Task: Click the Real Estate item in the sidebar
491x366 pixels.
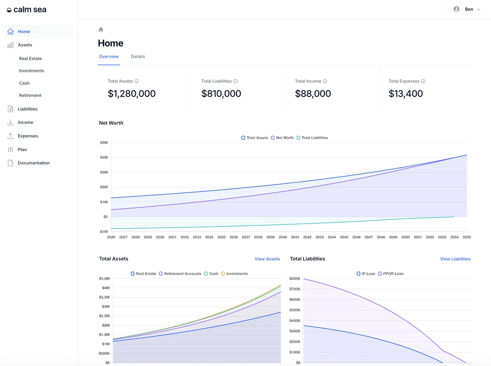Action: coord(30,58)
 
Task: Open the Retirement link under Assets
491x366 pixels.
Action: coord(30,95)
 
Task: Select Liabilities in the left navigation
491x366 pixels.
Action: coord(27,109)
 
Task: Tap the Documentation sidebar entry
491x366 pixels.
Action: coord(34,163)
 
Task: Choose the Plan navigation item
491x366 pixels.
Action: coord(22,150)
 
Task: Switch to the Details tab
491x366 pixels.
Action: coord(138,56)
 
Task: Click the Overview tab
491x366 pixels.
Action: coord(109,56)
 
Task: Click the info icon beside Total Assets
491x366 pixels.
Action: coord(137,81)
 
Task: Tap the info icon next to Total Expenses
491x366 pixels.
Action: coord(423,81)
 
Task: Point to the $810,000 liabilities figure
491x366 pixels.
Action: coord(221,94)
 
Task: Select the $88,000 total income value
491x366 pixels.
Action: coord(313,94)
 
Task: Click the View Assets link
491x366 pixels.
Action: coord(267,259)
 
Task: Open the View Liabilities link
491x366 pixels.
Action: coord(455,259)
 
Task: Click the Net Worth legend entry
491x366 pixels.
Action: coord(282,138)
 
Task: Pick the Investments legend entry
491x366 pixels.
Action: coord(234,274)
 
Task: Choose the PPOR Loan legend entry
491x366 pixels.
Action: coord(391,274)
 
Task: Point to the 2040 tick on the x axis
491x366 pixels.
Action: coord(283,237)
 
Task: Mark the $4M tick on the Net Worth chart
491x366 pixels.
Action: coord(104,157)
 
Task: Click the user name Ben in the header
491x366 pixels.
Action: coord(469,9)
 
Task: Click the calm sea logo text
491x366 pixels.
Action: coord(30,10)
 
